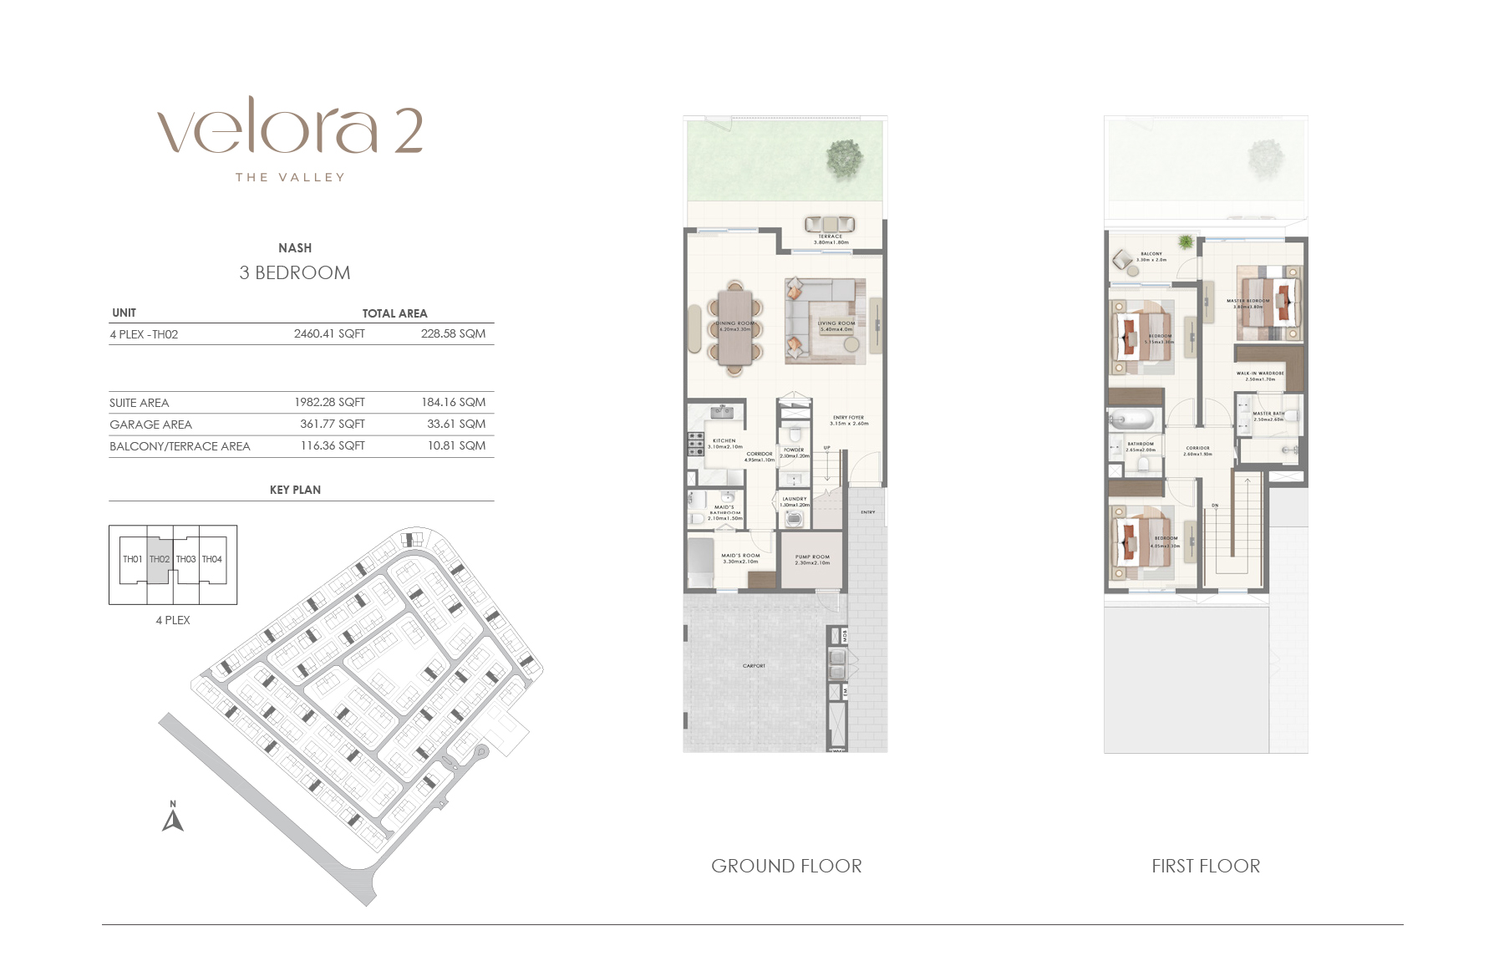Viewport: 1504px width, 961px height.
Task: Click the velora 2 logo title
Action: click(x=290, y=131)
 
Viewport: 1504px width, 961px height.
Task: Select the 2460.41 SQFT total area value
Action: click(x=329, y=333)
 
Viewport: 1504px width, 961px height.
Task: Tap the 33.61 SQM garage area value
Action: click(x=456, y=424)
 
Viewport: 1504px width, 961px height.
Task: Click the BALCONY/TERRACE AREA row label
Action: click(x=180, y=446)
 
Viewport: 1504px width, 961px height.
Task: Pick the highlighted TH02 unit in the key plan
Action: click(x=160, y=559)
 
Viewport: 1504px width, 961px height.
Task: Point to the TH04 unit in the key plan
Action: click(x=212, y=559)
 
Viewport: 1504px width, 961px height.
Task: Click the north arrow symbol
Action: click(x=172, y=817)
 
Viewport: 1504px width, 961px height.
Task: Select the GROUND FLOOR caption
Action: click(x=786, y=866)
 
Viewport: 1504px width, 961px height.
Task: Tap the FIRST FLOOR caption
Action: click(x=1206, y=866)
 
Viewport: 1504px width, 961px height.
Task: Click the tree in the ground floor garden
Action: click(x=844, y=157)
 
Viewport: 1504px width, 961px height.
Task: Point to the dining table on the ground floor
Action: click(x=735, y=328)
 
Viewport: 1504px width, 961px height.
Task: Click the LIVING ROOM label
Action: click(x=836, y=323)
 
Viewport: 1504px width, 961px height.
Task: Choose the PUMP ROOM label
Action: click(x=812, y=557)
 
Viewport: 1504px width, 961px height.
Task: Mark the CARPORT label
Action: click(x=754, y=666)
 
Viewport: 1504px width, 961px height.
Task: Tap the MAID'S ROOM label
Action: click(x=740, y=556)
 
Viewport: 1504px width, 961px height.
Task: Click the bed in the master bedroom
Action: click(x=1271, y=303)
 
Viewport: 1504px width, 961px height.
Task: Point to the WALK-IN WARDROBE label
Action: click(x=1260, y=374)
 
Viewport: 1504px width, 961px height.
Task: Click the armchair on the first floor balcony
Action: click(x=1122, y=260)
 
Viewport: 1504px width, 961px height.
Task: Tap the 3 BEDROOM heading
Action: click(x=295, y=272)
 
